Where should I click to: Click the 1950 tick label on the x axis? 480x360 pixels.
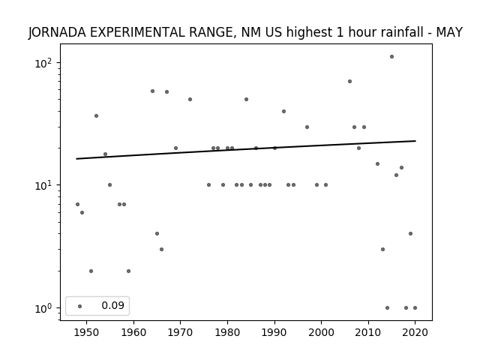point(87,332)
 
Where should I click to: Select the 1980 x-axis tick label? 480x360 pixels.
point(227,332)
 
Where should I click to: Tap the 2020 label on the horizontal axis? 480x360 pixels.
point(415,332)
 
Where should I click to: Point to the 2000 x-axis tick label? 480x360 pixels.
point(322,332)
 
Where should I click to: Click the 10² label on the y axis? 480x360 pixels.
point(43,63)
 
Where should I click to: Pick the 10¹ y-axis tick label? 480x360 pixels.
point(43,185)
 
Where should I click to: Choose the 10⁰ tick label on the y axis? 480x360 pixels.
point(43,308)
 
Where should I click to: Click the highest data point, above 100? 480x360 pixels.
point(391,57)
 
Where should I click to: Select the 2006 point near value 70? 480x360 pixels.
point(349,82)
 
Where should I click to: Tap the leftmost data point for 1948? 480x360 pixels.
point(77,204)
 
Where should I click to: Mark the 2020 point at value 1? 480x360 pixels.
point(415,308)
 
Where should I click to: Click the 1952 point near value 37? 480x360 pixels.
point(96,115)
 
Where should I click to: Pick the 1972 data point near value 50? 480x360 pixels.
point(190,99)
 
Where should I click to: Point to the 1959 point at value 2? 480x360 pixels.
point(128,271)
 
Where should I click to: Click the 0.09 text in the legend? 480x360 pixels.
point(113,305)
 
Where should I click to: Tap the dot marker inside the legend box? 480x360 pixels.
point(80,306)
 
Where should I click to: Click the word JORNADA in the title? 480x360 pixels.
point(57,32)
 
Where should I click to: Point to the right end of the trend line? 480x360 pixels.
point(415,141)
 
